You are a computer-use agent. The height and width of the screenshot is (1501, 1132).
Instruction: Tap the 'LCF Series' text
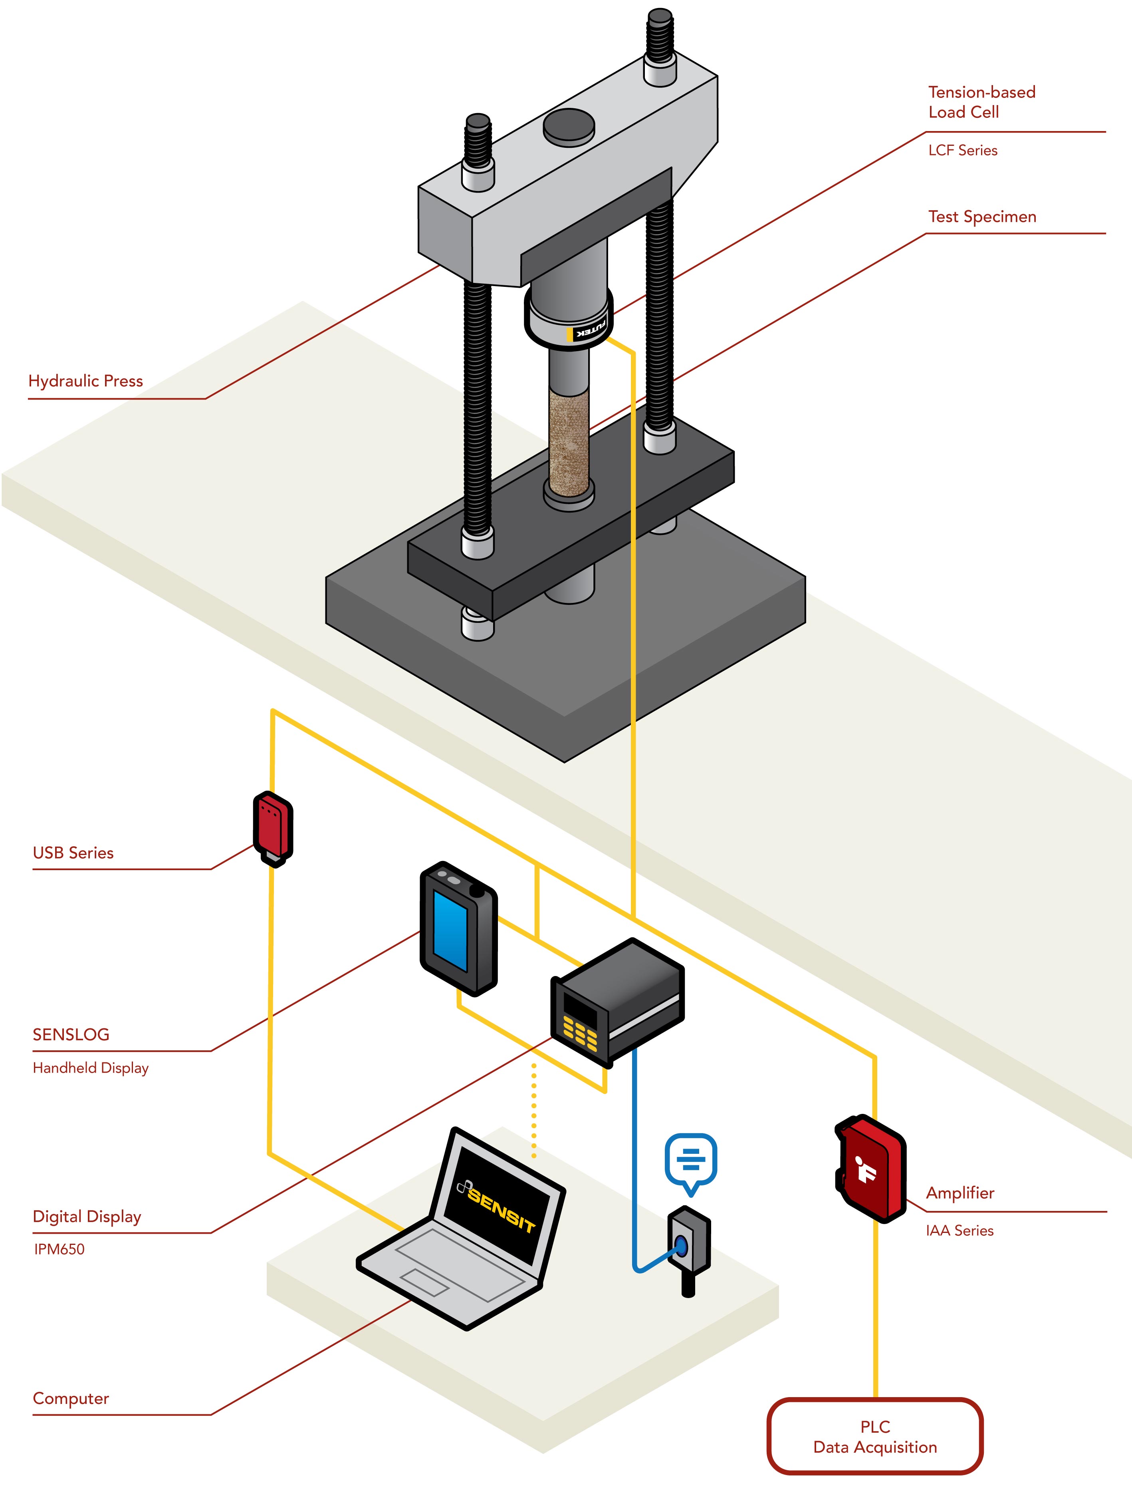pyautogui.click(x=962, y=151)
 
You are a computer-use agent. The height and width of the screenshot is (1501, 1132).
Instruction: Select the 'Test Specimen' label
pyautogui.click(x=981, y=217)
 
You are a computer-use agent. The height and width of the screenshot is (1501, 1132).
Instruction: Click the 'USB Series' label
pyautogui.click(x=73, y=853)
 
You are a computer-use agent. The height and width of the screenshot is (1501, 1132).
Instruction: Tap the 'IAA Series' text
pyautogui.click(x=959, y=1230)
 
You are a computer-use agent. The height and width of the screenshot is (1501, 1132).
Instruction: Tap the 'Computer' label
pyautogui.click(x=71, y=1399)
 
